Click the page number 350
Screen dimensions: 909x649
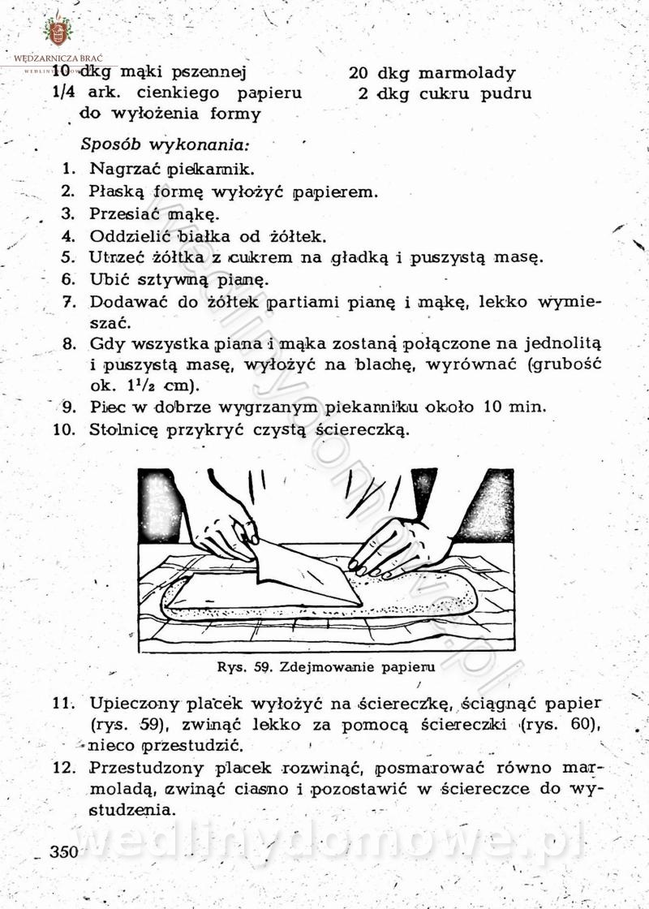[62, 851]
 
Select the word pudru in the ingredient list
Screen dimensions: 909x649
[506, 93]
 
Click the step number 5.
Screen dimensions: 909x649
[69, 258]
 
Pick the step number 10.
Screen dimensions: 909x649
[64, 429]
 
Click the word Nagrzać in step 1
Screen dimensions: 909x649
[124, 170]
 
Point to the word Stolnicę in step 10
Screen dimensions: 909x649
[125, 429]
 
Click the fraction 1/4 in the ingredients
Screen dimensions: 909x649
[62, 93]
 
